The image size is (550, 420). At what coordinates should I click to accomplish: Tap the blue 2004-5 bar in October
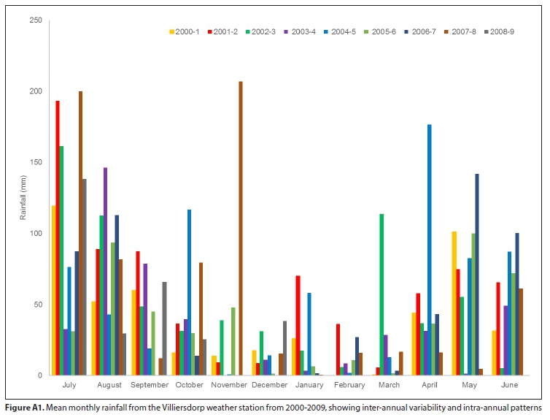pos(189,292)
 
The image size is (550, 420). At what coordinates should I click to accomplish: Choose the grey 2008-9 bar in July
pos(85,277)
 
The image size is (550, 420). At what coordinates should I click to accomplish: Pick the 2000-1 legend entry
pos(185,32)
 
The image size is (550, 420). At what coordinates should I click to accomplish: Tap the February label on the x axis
pos(349,385)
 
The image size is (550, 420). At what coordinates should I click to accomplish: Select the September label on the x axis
pos(149,385)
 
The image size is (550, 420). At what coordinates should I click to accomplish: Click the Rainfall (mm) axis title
pos(23,198)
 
